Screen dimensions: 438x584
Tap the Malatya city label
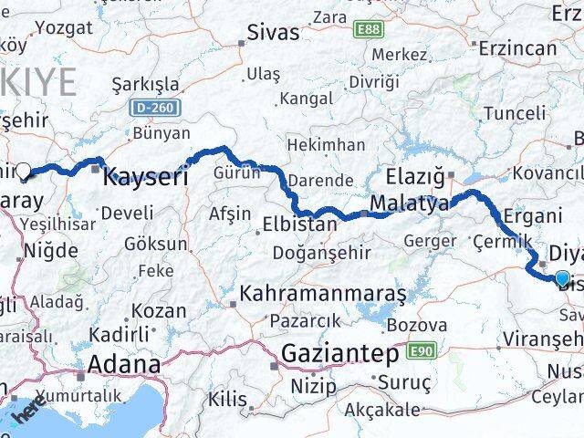[x=409, y=203]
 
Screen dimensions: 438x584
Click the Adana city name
[x=119, y=365]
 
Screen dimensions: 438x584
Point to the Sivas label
[x=273, y=33]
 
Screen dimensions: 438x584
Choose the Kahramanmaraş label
[x=335, y=296]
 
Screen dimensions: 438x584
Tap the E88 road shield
[x=370, y=30]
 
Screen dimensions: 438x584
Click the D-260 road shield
[x=155, y=108]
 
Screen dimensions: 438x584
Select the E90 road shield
[x=421, y=350]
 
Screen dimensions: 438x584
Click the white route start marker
[x=24, y=169]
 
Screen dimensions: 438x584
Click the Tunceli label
[x=514, y=113]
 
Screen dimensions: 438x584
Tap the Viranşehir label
[x=541, y=339]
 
